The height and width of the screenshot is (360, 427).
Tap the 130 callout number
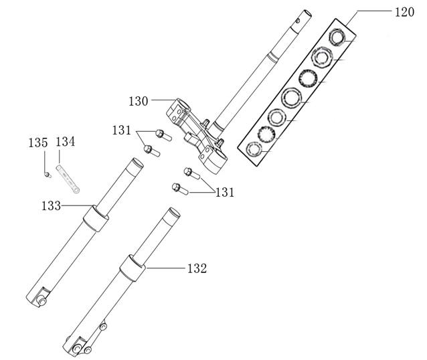[139, 101]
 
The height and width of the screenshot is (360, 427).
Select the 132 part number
[197, 268]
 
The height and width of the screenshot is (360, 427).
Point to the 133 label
[52, 205]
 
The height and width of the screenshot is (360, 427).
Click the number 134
[65, 143]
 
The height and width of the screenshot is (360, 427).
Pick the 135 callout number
[38, 143]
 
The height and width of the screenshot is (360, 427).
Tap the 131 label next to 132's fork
[226, 193]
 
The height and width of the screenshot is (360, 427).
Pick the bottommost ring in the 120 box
[254, 149]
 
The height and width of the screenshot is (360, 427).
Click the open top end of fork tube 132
[172, 215]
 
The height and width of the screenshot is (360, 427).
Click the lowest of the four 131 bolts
[179, 188]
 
